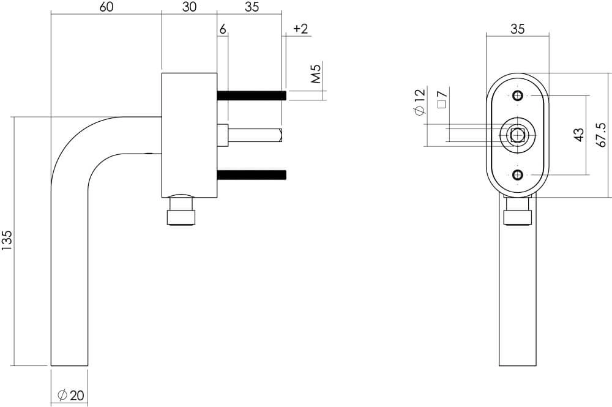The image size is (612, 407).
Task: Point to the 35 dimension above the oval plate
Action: click(517, 29)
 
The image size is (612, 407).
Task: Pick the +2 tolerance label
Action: click(300, 29)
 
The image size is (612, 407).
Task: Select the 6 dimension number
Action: click(223, 29)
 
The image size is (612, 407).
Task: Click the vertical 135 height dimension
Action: click(7, 241)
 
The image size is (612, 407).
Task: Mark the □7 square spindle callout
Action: click(442, 98)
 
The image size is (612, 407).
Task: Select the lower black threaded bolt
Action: click(252, 175)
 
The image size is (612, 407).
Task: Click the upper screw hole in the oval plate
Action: click(518, 95)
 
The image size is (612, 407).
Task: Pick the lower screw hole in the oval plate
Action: click(518, 176)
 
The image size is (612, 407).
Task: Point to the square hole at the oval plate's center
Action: click(518, 135)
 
